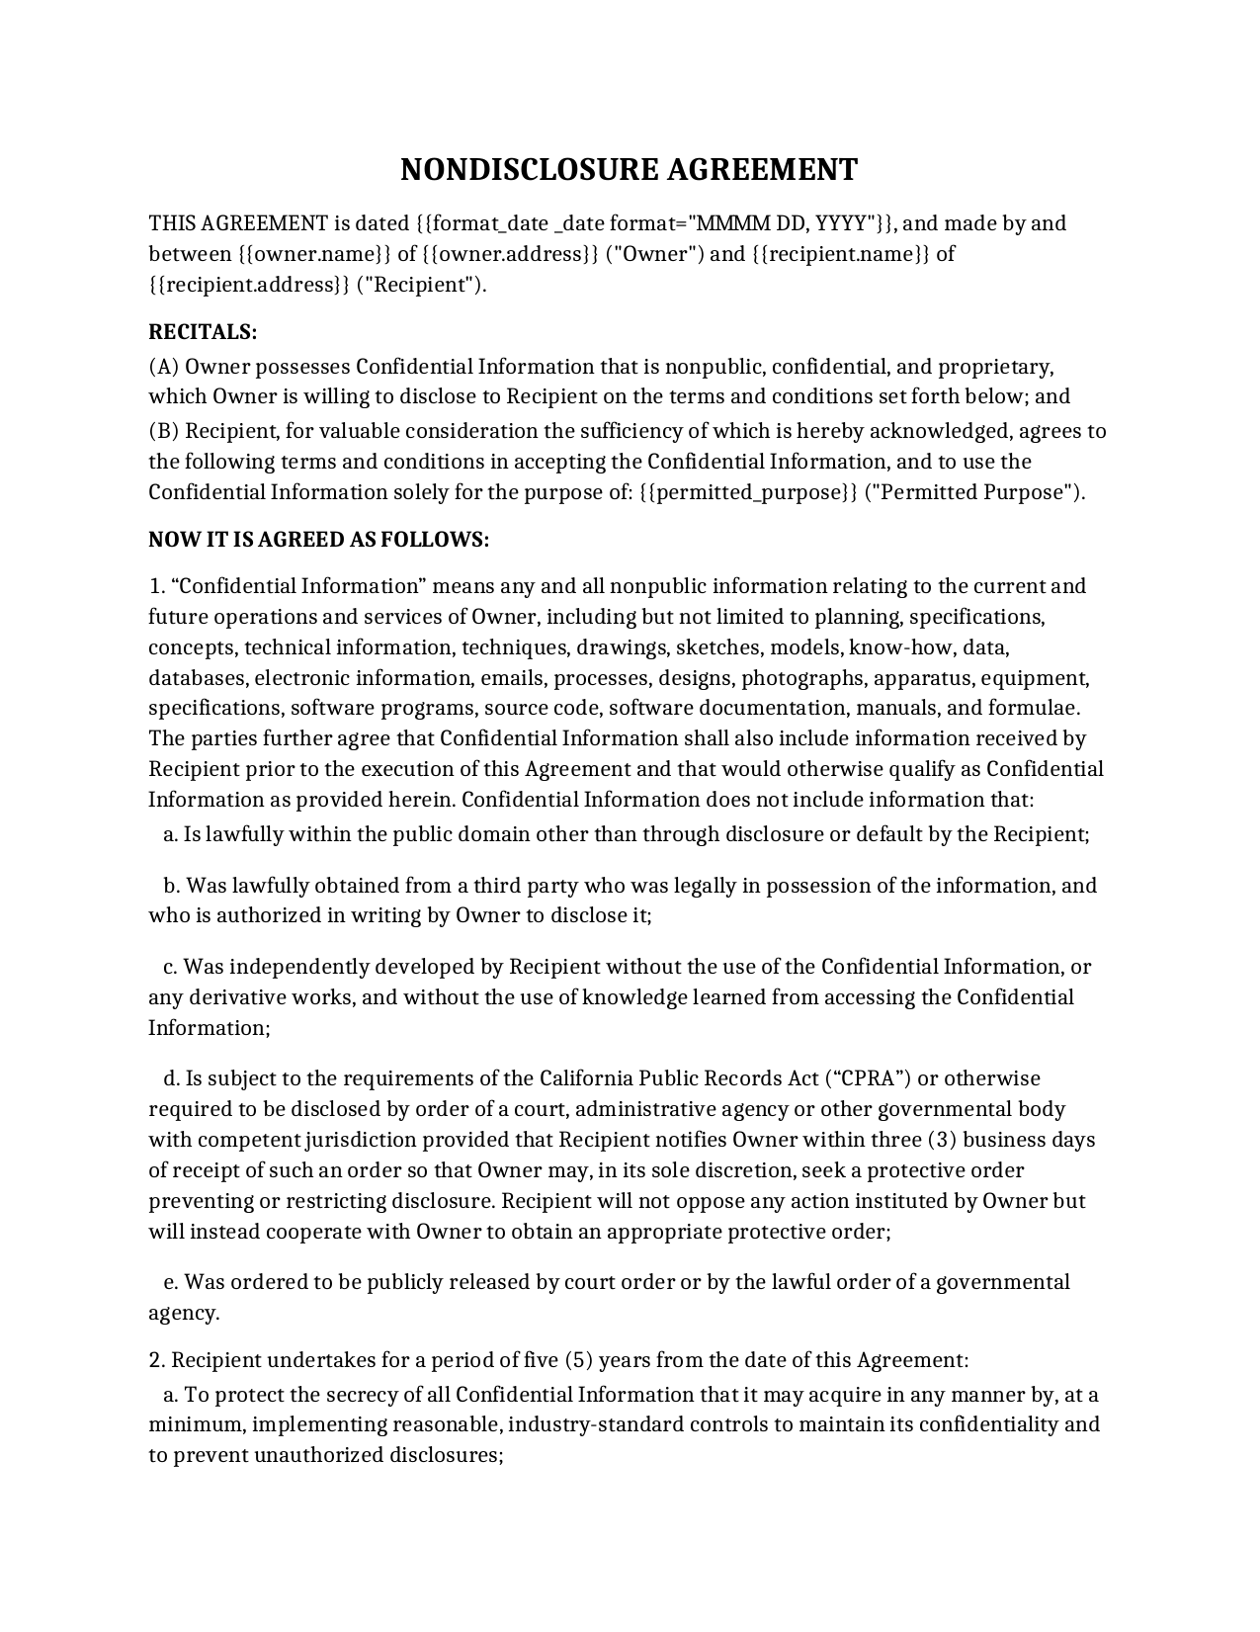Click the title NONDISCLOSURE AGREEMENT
click(629, 170)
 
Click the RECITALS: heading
click(203, 331)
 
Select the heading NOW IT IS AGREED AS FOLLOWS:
click(318, 540)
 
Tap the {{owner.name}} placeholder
click(315, 254)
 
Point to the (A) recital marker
click(164, 367)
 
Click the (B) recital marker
click(164, 431)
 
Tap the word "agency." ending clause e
click(184, 1313)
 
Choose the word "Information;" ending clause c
click(210, 1028)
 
